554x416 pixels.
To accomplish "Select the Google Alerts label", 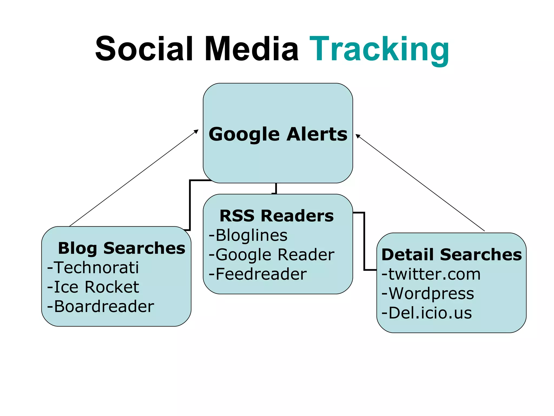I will pyautogui.click(x=278, y=134).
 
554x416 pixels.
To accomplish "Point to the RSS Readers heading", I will pyautogui.click(x=276, y=216).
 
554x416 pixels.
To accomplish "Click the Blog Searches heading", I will pyautogui.click(x=121, y=248).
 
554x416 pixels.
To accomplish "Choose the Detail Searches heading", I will pyautogui.click(x=451, y=255).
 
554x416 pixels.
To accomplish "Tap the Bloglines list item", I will pyautogui.click(x=248, y=235).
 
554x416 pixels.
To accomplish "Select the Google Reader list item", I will pyautogui.click(x=272, y=255).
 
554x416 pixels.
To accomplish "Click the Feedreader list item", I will pyautogui.click(x=258, y=274).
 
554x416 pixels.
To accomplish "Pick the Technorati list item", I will pyautogui.click(x=93, y=268).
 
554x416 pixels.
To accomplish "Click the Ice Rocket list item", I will pyautogui.click(x=93, y=287).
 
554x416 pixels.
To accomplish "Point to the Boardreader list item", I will pyautogui.click(x=101, y=306).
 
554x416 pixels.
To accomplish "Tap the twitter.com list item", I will pyautogui.click(x=431, y=274).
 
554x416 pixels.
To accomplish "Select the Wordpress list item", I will pyautogui.click(x=428, y=293).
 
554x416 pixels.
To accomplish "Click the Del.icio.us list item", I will pyautogui.click(x=427, y=313).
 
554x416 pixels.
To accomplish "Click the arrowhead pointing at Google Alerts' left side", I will pyautogui.click(x=196, y=131).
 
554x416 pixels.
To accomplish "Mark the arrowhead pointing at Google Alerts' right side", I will pyautogui.click(x=358, y=136).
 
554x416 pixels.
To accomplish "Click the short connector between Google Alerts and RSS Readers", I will pyautogui.click(x=276, y=188).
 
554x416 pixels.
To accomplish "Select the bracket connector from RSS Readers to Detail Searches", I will pyautogui.click(x=364, y=241).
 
